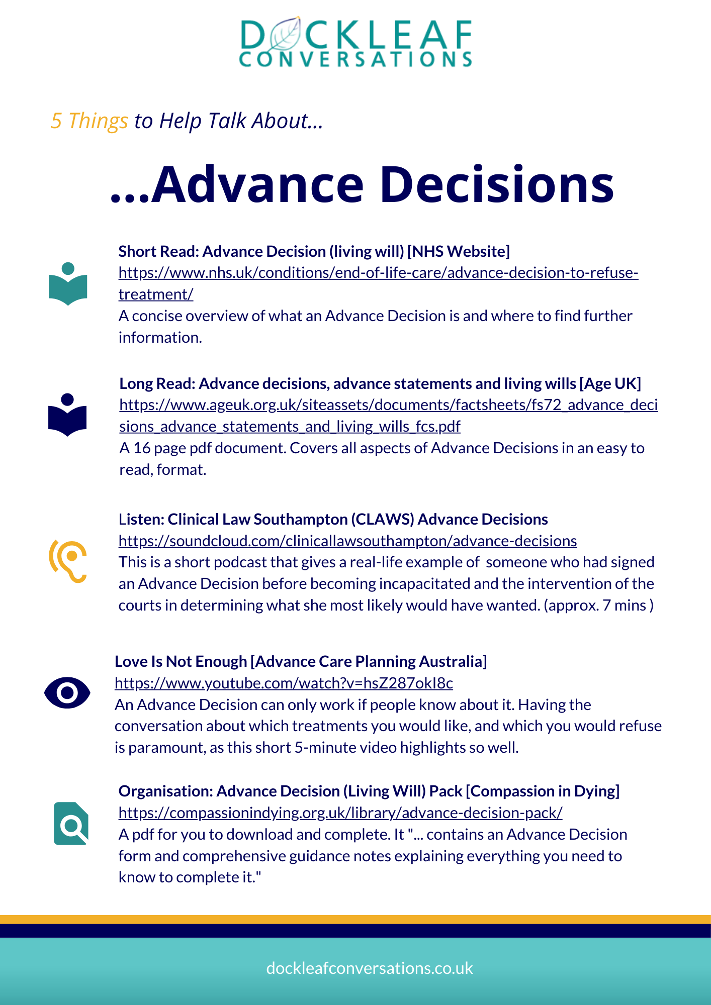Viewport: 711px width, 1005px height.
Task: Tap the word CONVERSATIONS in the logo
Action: (x=355, y=59)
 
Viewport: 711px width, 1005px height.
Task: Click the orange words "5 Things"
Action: (x=90, y=121)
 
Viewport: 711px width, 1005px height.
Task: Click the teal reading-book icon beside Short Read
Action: (x=68, y=284)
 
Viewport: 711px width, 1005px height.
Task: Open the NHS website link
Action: (x=378, y=273)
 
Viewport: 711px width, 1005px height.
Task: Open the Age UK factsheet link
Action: (x=388, y=405)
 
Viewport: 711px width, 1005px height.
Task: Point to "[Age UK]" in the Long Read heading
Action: (x=610, y=384)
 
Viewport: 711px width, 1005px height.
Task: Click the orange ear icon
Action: (x=68, y=561)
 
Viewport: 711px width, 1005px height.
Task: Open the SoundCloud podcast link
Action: (x=347, y=541)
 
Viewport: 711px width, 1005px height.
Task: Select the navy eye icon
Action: (x=67, y=693)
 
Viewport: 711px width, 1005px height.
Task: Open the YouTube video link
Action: (x=284, y=683)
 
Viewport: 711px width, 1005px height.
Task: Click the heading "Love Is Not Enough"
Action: (x=181, y=662)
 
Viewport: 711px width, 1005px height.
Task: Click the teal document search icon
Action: (x=71, y=823)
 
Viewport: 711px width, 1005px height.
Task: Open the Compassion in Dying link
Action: (x=340, y=813)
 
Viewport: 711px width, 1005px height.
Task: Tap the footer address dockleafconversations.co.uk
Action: (x=370, y=968)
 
